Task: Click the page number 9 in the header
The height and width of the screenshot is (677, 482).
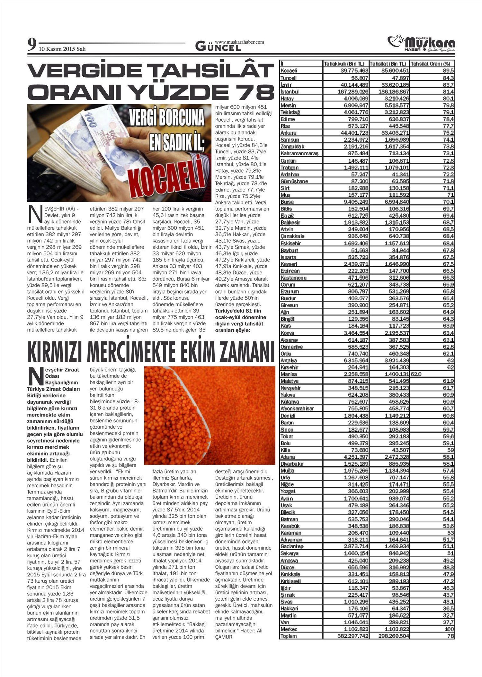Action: coord(31,44)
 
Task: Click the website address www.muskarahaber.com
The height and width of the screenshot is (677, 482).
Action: coord(239,42)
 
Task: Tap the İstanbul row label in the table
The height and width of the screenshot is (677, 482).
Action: coord(289,92)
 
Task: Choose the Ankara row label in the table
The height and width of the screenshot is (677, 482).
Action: coord(289,133)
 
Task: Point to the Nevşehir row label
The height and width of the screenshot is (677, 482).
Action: coord(290,388)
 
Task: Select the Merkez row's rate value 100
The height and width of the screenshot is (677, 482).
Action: coord(449,629)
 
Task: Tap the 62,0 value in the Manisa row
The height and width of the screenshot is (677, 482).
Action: coord(415,374)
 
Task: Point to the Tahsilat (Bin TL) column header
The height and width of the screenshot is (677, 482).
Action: coord(388,64)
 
